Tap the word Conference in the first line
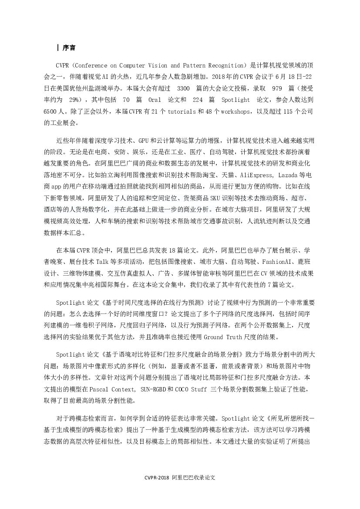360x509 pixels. click(x=93, y=66)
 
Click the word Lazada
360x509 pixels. click(x=284, y=175)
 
